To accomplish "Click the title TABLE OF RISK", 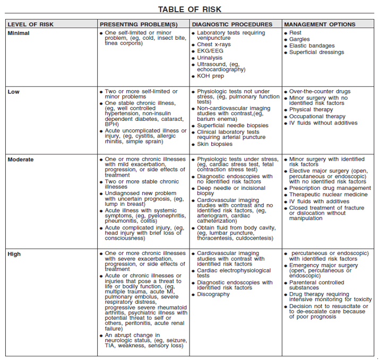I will [x=189, y=9].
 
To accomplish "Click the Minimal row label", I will [x=19, y=33].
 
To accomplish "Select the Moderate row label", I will [x=21, y=159].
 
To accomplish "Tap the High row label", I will [x=14, y=254].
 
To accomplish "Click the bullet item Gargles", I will [x=299, y=39].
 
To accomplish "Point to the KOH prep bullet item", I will [x=211, y=76].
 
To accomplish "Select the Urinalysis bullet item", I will [x=210, y=58].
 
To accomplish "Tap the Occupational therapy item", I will [x=317, y=117].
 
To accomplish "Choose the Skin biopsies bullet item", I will [x=215, y=144].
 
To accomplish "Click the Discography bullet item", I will [x=213, y=294].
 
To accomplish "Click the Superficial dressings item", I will [x=317, y=52].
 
